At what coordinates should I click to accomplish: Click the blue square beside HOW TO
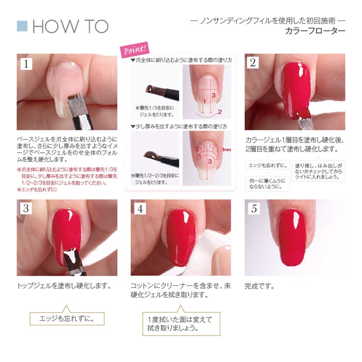point(22,26)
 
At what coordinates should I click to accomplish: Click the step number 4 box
point(140,209)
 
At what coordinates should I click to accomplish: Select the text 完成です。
point(260,285)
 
